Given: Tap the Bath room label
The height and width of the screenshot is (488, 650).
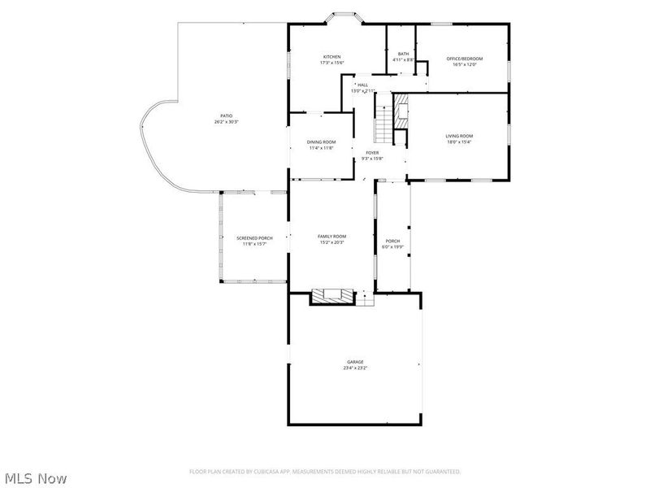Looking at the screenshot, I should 403,54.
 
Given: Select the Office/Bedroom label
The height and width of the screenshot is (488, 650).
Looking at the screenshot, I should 464,59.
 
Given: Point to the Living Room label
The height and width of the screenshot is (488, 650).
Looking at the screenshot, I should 459,136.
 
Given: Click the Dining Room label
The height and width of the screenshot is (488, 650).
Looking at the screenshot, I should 321,142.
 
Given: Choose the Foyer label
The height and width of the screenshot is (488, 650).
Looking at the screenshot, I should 372,152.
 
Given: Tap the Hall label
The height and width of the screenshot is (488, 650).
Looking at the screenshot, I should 362,85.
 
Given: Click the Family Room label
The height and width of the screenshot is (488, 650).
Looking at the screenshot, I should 331,236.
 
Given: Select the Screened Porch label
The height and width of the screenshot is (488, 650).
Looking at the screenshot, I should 254,238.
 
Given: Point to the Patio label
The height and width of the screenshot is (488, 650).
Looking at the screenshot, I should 226,116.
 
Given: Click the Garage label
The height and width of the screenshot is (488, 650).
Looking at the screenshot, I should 355,362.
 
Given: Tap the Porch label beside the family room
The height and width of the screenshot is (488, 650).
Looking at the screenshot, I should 392,241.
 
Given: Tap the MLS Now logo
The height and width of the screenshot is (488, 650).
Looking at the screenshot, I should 35,478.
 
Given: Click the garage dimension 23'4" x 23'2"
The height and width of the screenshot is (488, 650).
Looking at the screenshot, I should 355,368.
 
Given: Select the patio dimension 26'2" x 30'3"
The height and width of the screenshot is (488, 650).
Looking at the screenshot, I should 226,122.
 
